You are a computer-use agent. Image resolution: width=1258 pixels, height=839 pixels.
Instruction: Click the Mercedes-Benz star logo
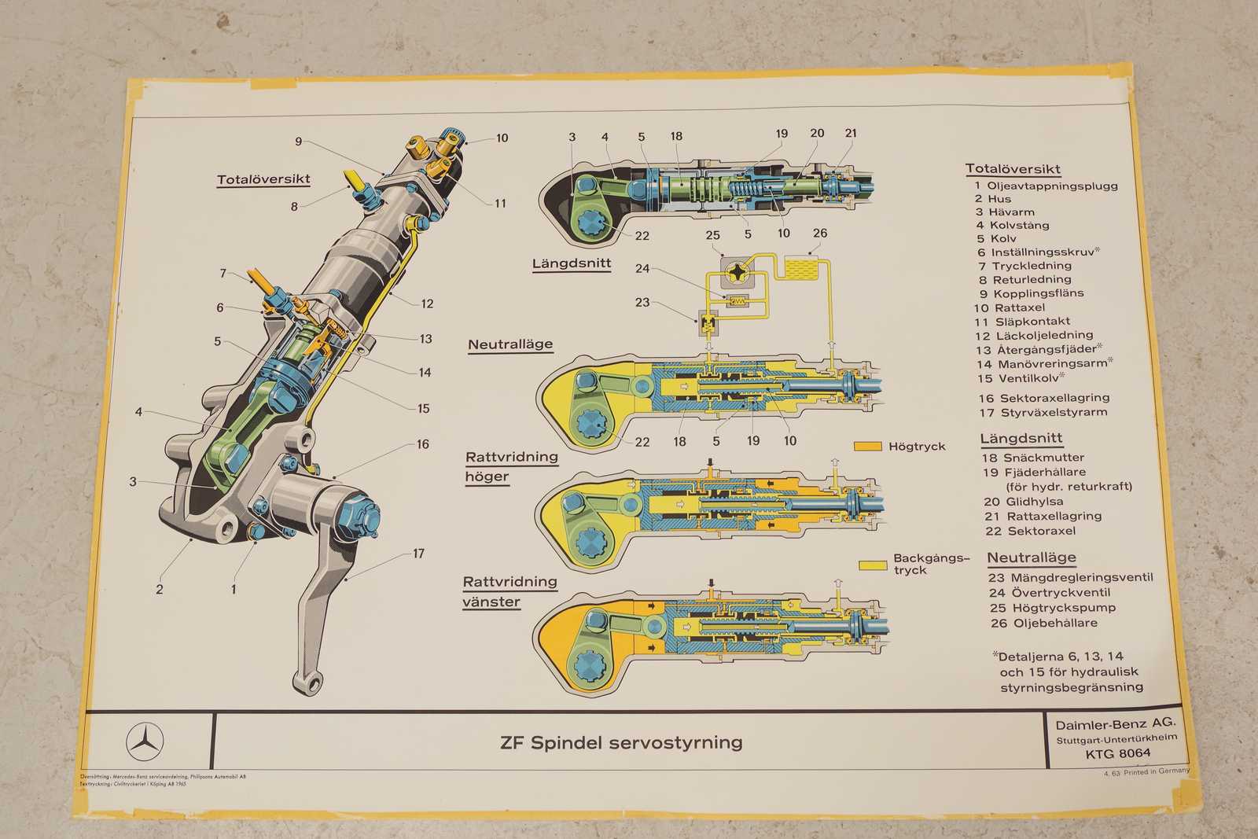click(145, 741)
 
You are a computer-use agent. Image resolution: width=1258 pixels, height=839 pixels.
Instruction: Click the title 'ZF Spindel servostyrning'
click(621, 742)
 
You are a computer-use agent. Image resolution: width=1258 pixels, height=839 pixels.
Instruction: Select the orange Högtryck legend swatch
click(868, 447)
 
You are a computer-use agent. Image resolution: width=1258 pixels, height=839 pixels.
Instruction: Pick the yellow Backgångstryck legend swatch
click(873, 565)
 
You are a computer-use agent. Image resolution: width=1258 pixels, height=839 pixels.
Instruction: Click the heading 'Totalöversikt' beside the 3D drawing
click(263, 179)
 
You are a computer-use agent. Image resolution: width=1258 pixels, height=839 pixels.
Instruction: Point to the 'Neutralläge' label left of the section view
click(510, 344)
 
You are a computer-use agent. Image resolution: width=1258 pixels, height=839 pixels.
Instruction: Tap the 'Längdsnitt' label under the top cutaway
click(572, 263)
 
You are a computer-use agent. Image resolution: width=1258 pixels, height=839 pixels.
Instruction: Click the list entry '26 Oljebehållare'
click(1043, 623)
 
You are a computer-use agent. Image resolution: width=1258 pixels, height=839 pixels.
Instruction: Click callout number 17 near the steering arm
click(418, 554)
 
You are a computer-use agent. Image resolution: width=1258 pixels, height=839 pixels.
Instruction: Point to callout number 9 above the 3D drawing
click(299, 142)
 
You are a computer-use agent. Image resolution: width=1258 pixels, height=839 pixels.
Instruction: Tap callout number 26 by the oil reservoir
click(820, 233)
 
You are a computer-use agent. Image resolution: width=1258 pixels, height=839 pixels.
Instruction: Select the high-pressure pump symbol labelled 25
click(741, 272)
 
